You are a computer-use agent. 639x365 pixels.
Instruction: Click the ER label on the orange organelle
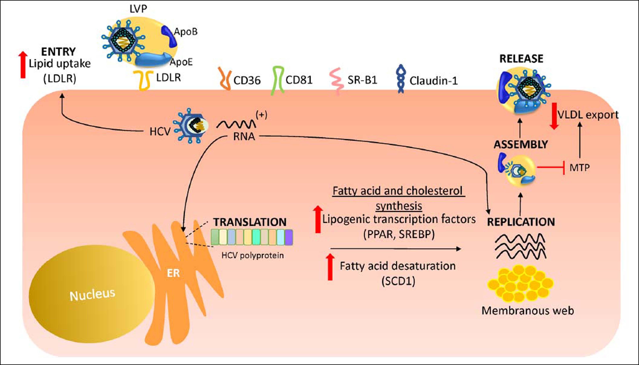click(x=173, y=273)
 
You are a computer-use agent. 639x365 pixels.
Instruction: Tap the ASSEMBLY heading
click(x=521, y=145)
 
